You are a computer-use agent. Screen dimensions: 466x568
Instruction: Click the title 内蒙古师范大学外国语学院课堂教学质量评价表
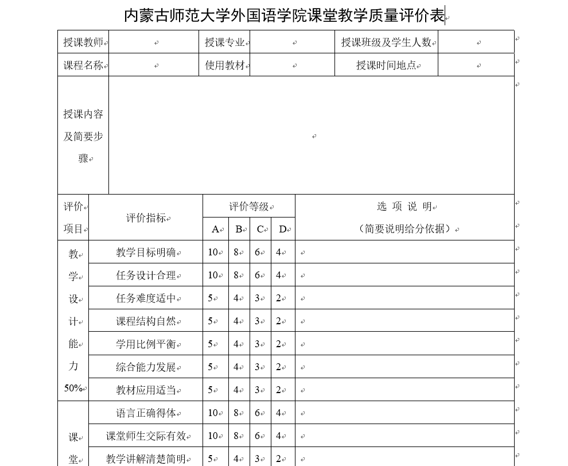tap(284, 15)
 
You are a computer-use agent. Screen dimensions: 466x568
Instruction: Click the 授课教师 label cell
tap(83, 42)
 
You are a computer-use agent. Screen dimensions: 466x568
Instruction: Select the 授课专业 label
tap(225, 42)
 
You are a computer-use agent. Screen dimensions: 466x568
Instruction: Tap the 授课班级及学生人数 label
tap(386, 42)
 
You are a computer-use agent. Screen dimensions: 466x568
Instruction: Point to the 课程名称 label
tap(83, 65)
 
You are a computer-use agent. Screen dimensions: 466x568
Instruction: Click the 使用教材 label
tap(225, 65)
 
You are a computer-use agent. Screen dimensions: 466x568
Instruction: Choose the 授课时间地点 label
tap(386, 65)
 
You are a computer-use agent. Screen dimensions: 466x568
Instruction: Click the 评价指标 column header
tap(146, 218)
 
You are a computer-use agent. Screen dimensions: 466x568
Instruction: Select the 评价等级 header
tap(249, 206)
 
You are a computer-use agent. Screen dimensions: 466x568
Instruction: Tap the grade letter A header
tap(215, 229)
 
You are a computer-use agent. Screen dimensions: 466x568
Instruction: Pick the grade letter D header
tap(282, 229)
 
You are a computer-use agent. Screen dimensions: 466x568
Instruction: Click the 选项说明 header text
tap(404, 206)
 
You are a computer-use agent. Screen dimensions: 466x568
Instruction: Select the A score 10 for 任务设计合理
tap(213, 275)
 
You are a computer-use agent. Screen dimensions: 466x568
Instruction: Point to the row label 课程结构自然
tap(146, 321)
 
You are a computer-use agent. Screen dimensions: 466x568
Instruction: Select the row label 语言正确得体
tap(146, 413)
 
